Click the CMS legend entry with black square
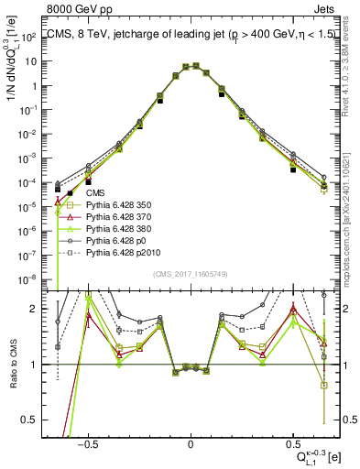pos(95,194)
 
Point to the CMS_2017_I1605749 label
pos(191,276)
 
